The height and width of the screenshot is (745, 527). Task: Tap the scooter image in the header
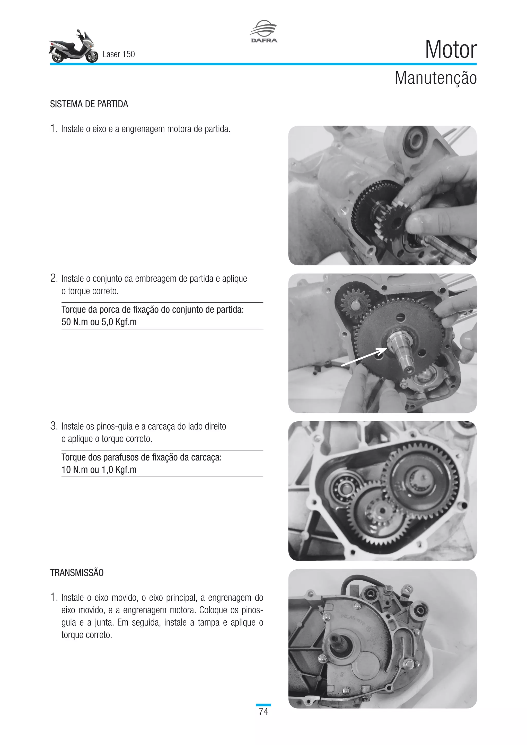(x=73, y=47)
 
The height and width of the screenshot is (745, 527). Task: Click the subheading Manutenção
(x=435, y=78)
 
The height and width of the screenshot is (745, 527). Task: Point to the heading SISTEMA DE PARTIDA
(x=89, y=104)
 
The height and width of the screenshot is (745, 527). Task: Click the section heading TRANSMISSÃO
(x=77, y=573)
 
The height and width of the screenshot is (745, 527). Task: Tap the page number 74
(x=263, y=712)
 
